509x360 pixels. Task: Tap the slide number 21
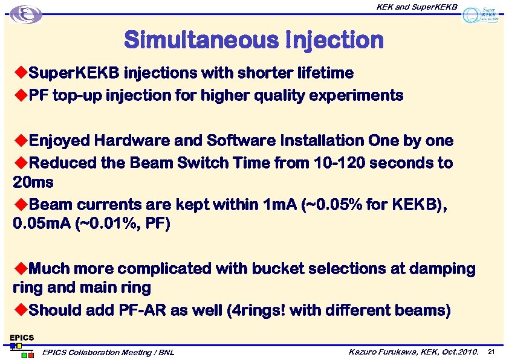point(491,352)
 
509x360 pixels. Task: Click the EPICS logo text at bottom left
point(21,337)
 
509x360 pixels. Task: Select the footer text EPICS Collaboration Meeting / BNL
point(108,352)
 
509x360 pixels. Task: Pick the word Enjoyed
point(59,141)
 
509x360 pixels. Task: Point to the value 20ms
point(33,182)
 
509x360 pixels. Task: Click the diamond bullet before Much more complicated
point(20,268)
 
